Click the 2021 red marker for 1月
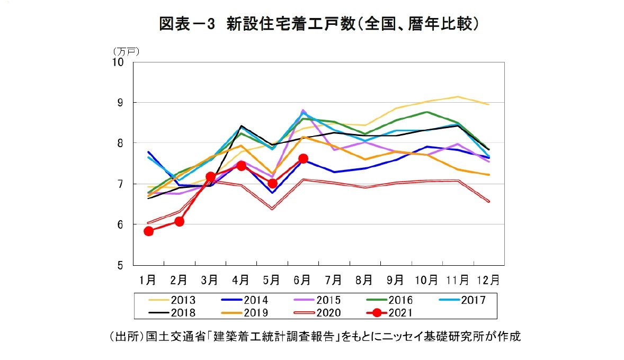(148, 231)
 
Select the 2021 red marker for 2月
(179, 221)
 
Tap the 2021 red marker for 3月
(210, 177)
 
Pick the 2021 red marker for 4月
(241, 166)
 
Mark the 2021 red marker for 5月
(272, 183)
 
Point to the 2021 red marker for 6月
(303, 158)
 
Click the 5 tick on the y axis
(120, 265)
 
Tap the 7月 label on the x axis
(334, 278)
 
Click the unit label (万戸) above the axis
(126, 51)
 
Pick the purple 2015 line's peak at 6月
(303, 110)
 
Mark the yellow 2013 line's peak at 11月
(458, 96)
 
